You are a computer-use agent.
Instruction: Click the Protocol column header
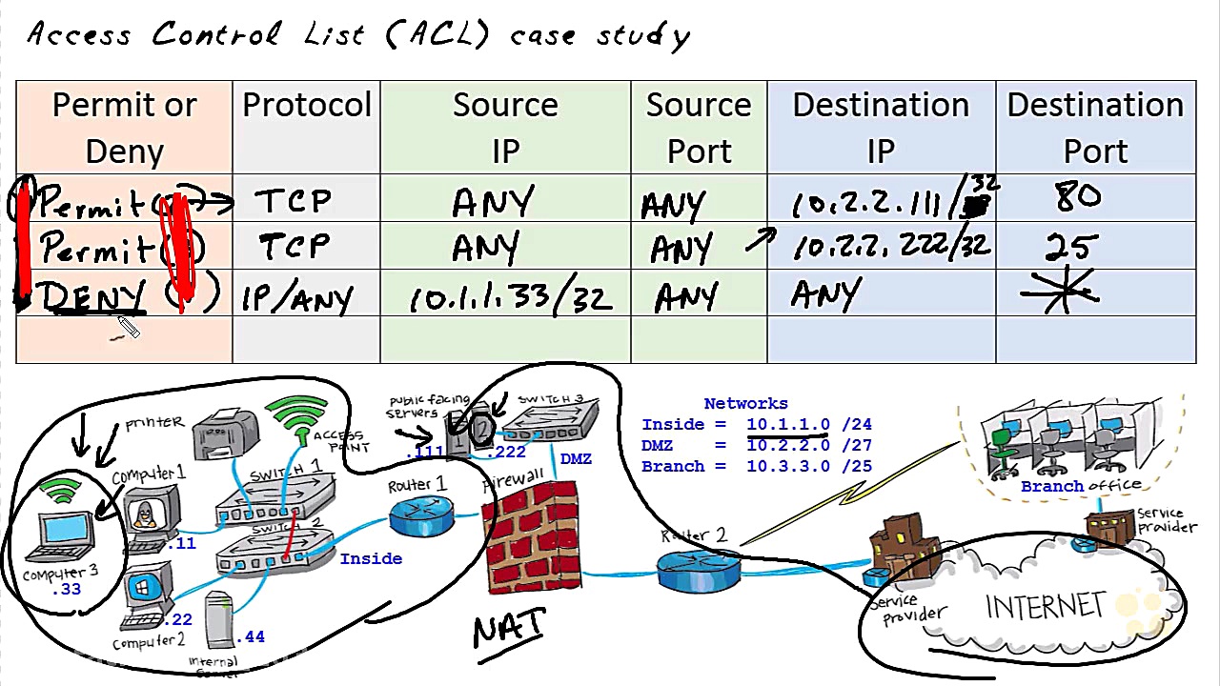click(306, 106)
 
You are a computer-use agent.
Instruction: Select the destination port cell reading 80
click(1077, 198)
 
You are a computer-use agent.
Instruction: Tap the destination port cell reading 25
click(1071, 247)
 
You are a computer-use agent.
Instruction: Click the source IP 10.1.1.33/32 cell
click(510, 299)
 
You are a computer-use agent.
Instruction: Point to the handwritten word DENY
click(93, 297)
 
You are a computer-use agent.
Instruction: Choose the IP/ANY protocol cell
click(296, 299)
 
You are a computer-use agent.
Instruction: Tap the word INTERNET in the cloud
click(1046, 607)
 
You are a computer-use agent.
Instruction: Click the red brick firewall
click(532, 535)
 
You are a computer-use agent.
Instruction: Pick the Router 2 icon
click(699, 569)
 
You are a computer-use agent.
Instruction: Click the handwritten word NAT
click(509, 629)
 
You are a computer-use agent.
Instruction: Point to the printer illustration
click(226, 434)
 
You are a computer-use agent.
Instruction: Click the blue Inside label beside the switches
click(371, 558)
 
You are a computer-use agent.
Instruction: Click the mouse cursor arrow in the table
click(128, 328)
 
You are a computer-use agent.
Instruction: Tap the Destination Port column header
click(1095, 128)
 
